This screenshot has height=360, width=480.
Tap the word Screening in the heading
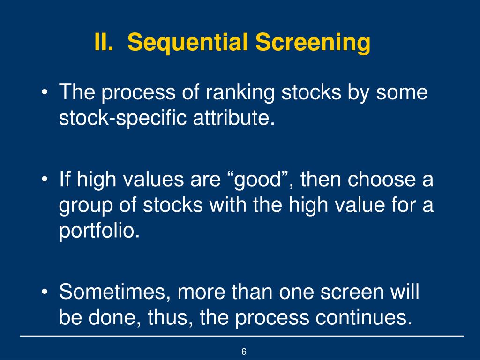point(313,43)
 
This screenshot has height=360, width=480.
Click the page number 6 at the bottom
point(244,352)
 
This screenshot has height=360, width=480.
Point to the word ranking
point(241,93)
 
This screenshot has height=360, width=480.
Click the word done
point(114,318)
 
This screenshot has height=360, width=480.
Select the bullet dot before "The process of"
point(45,93)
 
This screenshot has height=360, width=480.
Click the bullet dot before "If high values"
point(45,180)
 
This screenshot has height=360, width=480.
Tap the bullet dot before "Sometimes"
point(45,292)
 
